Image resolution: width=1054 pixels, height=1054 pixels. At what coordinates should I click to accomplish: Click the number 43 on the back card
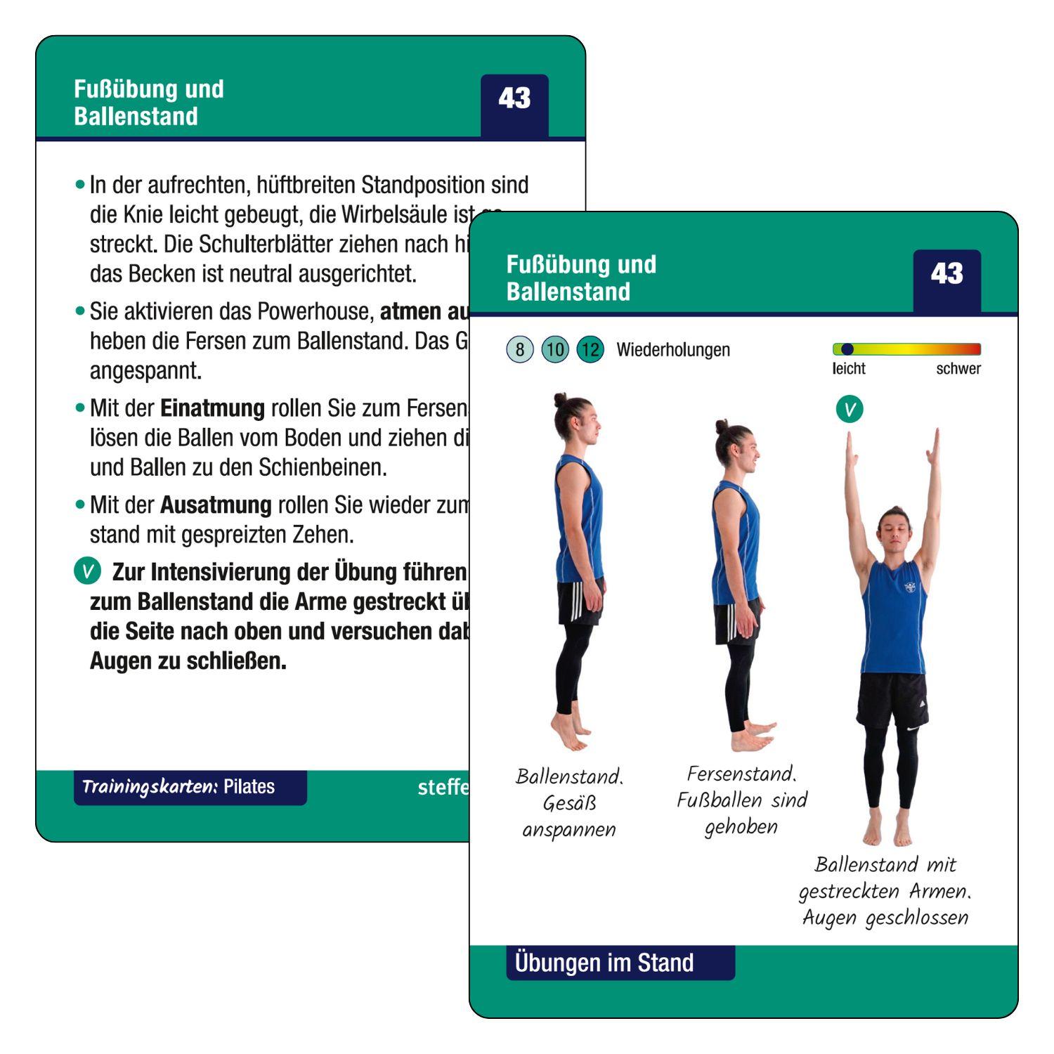pyautogui.click(x=514, y=98)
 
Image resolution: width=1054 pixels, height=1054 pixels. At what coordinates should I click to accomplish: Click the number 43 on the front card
pyautogui.click(x=946, y=273)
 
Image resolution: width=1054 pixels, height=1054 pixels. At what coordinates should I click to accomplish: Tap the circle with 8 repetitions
pyautogui.click(x=519, y=349)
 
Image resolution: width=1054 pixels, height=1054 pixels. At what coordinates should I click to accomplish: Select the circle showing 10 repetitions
pyautogui.click(x=555, y=349)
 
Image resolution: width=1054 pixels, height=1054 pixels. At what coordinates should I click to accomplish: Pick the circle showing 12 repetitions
pyautogui.click(x=590, y=349)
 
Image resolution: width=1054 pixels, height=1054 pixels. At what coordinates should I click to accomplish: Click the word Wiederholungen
pyautogui.click(x=672, y=350)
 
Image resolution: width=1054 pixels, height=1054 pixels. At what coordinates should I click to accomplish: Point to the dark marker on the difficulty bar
pyautogui.click(x=847, y=349)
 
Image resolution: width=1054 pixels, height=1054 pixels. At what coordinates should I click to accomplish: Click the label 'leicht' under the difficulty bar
pyautogui.click(x=849, y=369)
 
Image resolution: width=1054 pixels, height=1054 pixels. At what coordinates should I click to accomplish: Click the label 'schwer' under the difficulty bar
pyautogui.click(x=958, y=369)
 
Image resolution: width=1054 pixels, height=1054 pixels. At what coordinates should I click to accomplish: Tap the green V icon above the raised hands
pyautogui.click(x=850, y=409)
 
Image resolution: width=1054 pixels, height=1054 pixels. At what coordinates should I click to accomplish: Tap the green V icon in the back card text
pyautogui.click(x=88, y=571)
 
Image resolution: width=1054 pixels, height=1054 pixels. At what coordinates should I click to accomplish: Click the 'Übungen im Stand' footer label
pyautogui.click(x=604, y=963)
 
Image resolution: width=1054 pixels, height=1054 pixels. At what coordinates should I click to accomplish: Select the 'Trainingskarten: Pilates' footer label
pyautogui.click(x=178, y=787)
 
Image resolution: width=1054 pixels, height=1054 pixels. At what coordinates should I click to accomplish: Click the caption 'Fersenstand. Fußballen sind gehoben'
pyautogui.click(x=741, y=800)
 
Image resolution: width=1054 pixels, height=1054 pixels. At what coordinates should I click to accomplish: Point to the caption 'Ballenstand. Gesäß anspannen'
pyautogui.click(x=569, y=802)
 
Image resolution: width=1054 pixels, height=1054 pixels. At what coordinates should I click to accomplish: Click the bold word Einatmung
pyautogui.click(x=212, y=408)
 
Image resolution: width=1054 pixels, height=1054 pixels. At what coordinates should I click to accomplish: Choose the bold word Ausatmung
pyautogui.click(x=216, y=505)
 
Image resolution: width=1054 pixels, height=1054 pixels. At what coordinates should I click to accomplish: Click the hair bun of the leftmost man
pyautogui.click(x=560, y=400)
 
